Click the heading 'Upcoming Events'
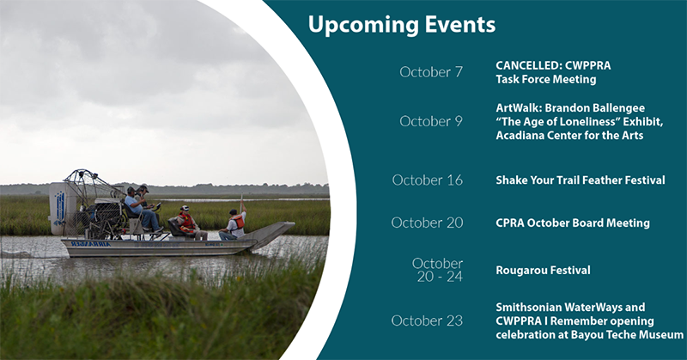401,25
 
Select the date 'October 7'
431,72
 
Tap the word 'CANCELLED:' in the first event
528,65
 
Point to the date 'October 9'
431,121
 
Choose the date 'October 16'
427,180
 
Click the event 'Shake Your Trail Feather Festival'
581,180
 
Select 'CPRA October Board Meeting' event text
573,223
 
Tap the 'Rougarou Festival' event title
543,270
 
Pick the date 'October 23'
427,320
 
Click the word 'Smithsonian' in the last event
529,307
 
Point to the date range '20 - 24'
440,277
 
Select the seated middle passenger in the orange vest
189,223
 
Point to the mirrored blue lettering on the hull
91,244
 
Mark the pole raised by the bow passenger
241,203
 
